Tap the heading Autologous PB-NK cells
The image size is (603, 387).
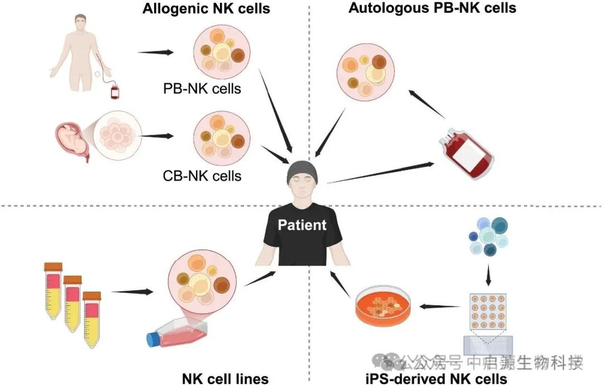[x=432, y=8]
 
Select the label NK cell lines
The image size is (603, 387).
[x=225, y=379]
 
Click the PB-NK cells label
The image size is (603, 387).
[x=202, y=88]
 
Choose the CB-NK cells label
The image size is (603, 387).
[x=203, y=176]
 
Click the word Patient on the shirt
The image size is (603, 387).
[x=303, y=225]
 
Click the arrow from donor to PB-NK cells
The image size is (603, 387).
[x=156, y=53]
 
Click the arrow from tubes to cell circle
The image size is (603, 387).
[x=132, y=291]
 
